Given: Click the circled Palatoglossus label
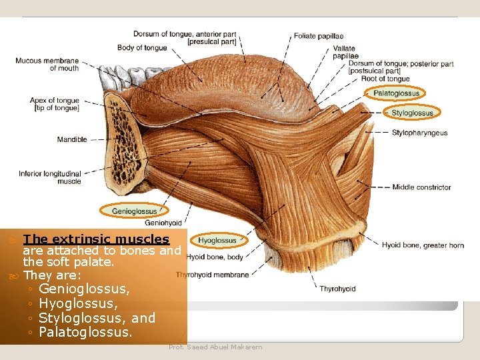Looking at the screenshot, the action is point(397,93).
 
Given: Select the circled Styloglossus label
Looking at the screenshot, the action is point(412,113).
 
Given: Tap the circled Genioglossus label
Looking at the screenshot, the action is point(134,211).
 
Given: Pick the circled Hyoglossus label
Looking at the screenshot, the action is point(217,240).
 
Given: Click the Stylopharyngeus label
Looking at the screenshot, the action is point(419,133).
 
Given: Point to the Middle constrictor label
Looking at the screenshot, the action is point(421,187).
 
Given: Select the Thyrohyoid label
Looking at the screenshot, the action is point(337,289).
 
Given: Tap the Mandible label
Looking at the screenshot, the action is point(72,139).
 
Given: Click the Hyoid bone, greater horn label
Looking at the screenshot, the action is point(423,245).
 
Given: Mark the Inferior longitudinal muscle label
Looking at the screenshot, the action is point(50,177).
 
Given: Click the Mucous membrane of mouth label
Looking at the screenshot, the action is point(47,64).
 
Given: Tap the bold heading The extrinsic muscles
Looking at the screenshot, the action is point(96,239).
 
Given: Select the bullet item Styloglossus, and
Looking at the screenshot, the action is point(97,317).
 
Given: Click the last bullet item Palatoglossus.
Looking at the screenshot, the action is point(85,331).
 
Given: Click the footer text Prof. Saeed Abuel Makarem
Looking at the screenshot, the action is point(215,347).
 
